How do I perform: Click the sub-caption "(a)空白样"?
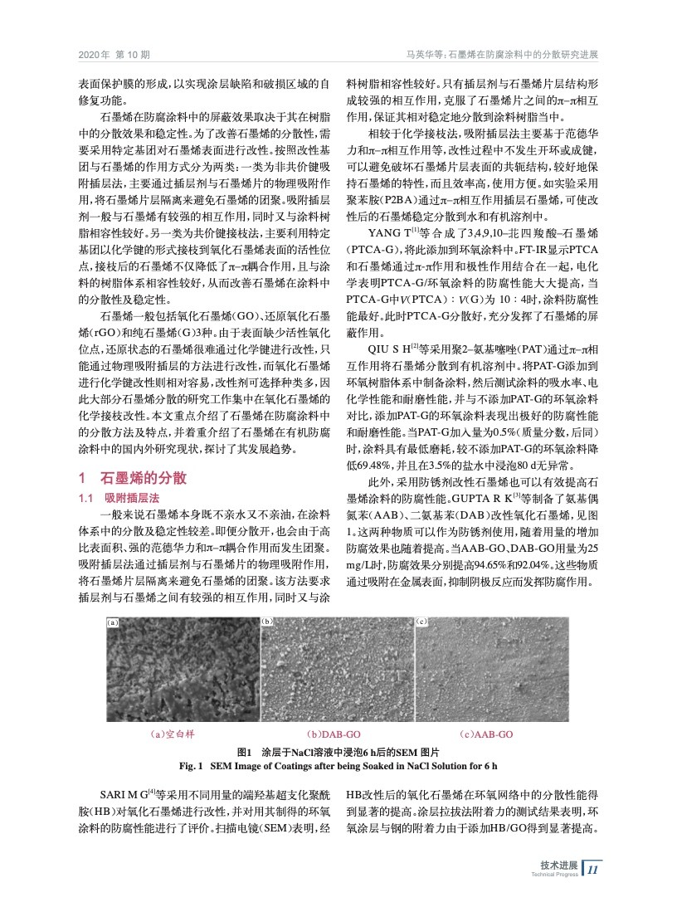172,734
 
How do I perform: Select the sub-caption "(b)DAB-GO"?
334,734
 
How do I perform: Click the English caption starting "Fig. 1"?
338,763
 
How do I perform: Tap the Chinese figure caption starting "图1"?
338,749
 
